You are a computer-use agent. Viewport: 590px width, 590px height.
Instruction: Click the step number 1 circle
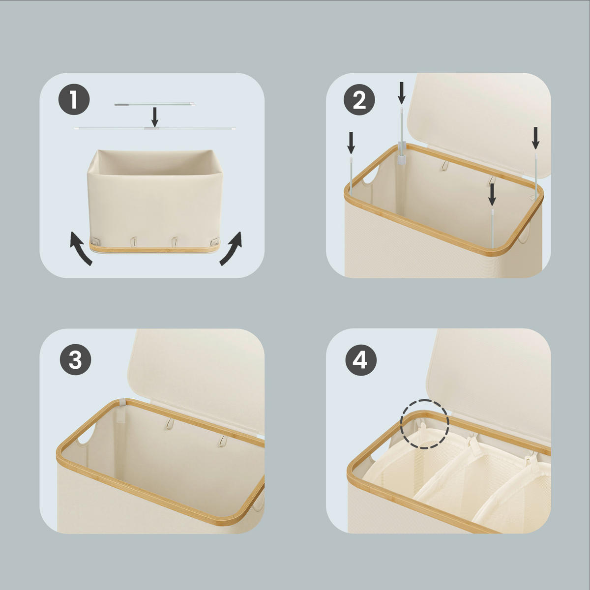tap(74, 100)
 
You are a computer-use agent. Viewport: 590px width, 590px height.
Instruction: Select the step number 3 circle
tap(75, 360)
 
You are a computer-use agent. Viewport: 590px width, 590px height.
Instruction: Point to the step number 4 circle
tap(360, 360)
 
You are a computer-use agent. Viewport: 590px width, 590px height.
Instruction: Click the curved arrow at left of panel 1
tap(80, 248)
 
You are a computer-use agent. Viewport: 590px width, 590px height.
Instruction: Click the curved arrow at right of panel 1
tap(231, 248)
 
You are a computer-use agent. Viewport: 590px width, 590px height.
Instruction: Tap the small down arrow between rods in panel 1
tap(155, 117)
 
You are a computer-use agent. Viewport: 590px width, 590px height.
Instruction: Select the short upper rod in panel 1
tap(154, 104)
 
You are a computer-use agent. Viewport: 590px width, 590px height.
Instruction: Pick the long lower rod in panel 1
tap(154, 128)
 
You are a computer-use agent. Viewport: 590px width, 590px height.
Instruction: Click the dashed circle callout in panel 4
tap(424, 424)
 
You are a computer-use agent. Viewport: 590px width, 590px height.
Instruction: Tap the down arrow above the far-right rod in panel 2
tap(535, 138)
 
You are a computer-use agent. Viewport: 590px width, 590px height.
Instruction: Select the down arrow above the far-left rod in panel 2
tap(351, 142)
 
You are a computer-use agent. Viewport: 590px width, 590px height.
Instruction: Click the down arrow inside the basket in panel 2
tap(492, 194)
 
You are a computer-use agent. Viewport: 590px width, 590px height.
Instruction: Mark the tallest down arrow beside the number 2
tap(402, 92)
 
